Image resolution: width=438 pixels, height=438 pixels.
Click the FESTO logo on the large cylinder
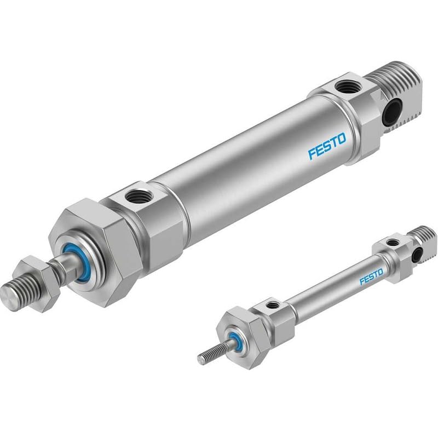pyautogui.click(x=327, y=146)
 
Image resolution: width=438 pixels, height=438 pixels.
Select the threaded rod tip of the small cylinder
pyautogui.click(x=208, y=356)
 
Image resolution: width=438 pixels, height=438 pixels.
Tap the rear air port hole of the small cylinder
pyautogui.click(x=392, y=241)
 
